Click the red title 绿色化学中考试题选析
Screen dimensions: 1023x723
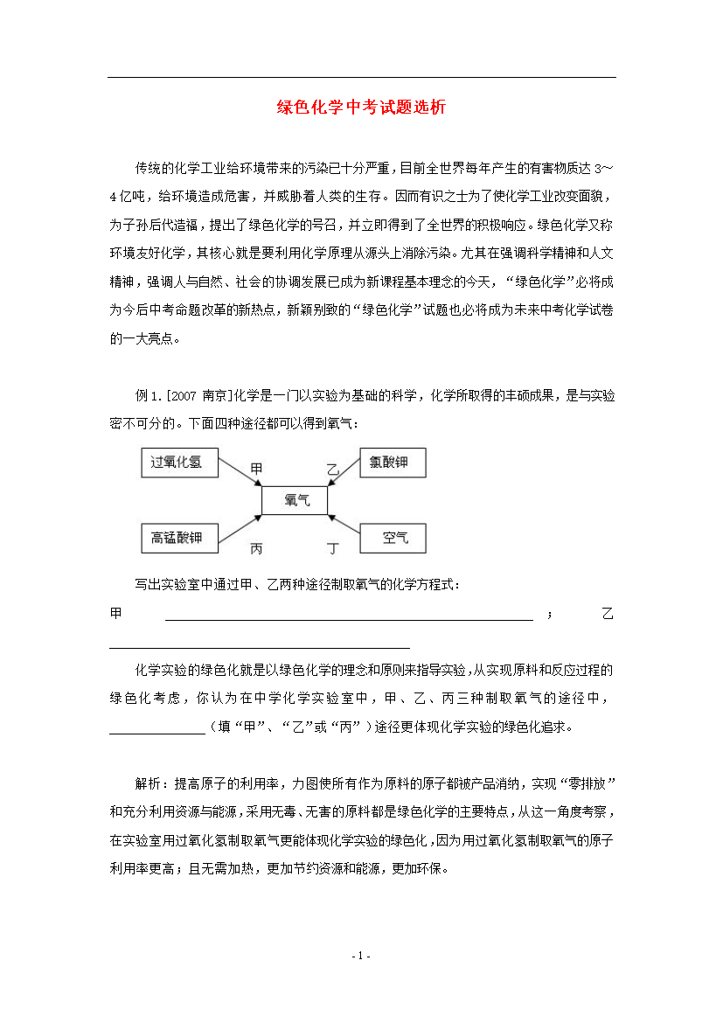[361, 108]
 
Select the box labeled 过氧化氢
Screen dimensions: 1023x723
[177, 463]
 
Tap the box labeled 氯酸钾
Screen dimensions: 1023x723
[393, 463]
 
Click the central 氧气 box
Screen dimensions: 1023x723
[295, 500]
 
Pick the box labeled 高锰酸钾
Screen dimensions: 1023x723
[177, 538]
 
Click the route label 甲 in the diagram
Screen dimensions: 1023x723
[256, 470]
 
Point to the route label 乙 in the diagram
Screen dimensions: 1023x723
[332, 470]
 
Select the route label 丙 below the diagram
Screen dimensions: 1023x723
[256, 549]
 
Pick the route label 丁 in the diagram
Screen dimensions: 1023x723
[332, 549]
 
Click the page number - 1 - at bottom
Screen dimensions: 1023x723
[361, 956]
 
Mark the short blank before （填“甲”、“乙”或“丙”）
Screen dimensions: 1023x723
[156, 726]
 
